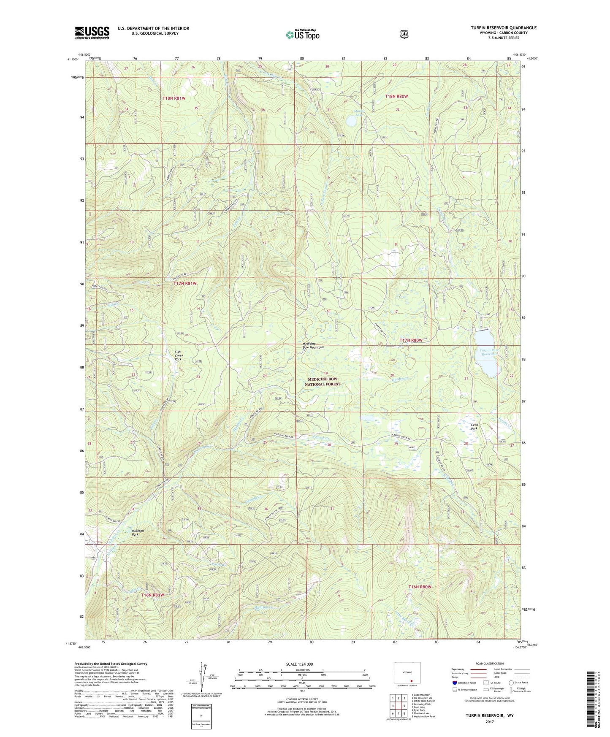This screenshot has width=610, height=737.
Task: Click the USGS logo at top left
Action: [92, 33]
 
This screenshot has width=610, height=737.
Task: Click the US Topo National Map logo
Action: [302, 34]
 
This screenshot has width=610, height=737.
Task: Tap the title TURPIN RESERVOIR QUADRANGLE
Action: [504, 28]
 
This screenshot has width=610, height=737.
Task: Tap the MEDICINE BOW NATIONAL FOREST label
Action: [323, 382]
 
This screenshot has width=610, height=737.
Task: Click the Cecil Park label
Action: [475, 426]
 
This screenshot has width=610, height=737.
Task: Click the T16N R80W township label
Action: [420, 587]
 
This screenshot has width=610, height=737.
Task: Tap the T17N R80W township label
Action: [411, 340]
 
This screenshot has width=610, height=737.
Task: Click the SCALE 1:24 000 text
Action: [299, 664]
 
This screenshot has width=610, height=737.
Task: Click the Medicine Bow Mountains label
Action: [313, 345]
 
